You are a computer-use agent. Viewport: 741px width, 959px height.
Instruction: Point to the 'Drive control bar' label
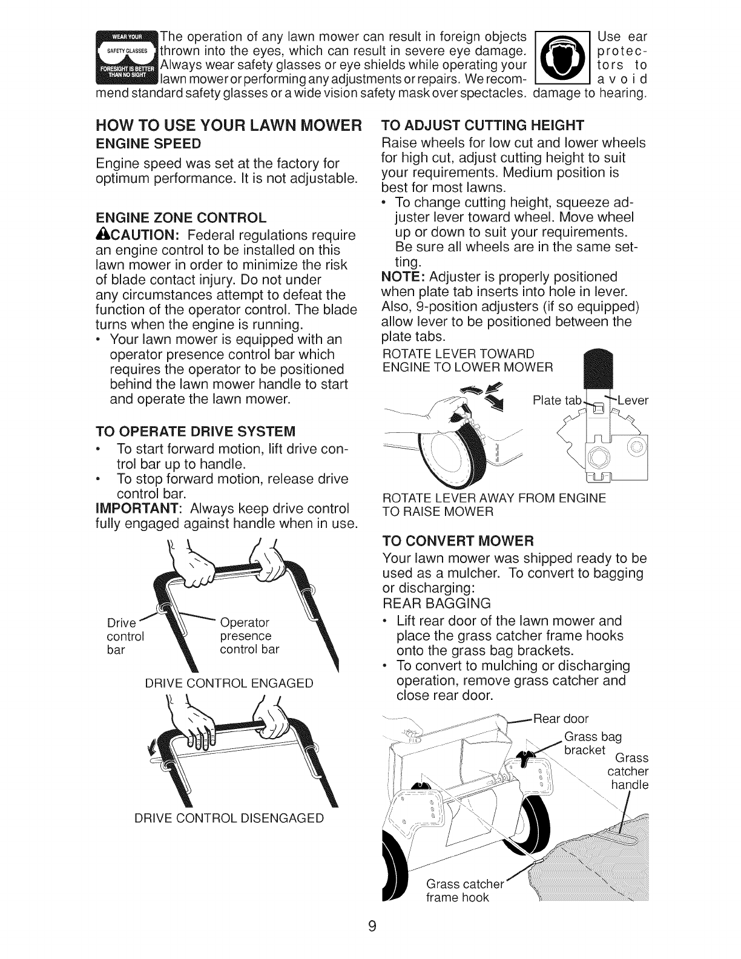(125, 636)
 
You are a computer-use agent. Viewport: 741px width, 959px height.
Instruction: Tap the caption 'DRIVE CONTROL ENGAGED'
(229, 684)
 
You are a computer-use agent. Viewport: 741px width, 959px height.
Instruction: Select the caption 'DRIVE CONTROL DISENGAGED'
(229, 818)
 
